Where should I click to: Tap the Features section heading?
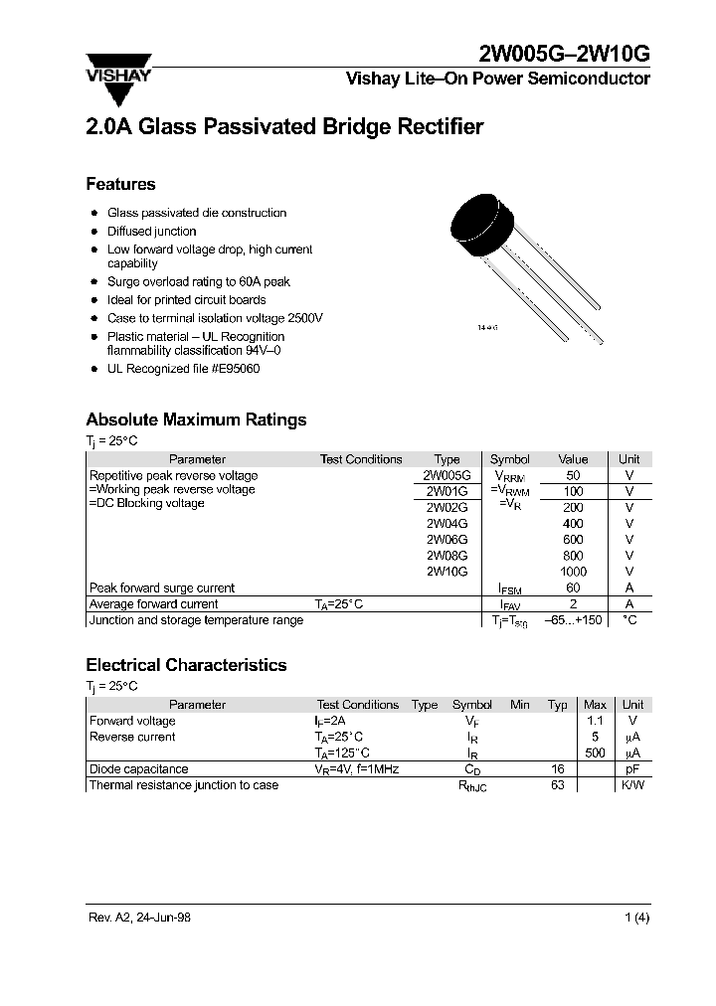coord(120,184)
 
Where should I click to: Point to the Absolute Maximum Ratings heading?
coord(196,419)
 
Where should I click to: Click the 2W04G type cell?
coord(447,523)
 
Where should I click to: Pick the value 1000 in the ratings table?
coord(574,572)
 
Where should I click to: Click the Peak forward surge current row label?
coord(162,588)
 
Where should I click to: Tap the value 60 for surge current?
coord(574,588)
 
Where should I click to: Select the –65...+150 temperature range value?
coord(573,620)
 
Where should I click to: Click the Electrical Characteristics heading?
coord(186,665)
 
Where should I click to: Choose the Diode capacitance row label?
coord(138,769)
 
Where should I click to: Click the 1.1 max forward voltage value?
coord(595,721)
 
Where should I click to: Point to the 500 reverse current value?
coord(595,754)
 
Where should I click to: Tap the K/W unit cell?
coord(632,785)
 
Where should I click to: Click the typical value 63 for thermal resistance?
coord(557,785)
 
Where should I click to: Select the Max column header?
coord(595,705)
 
